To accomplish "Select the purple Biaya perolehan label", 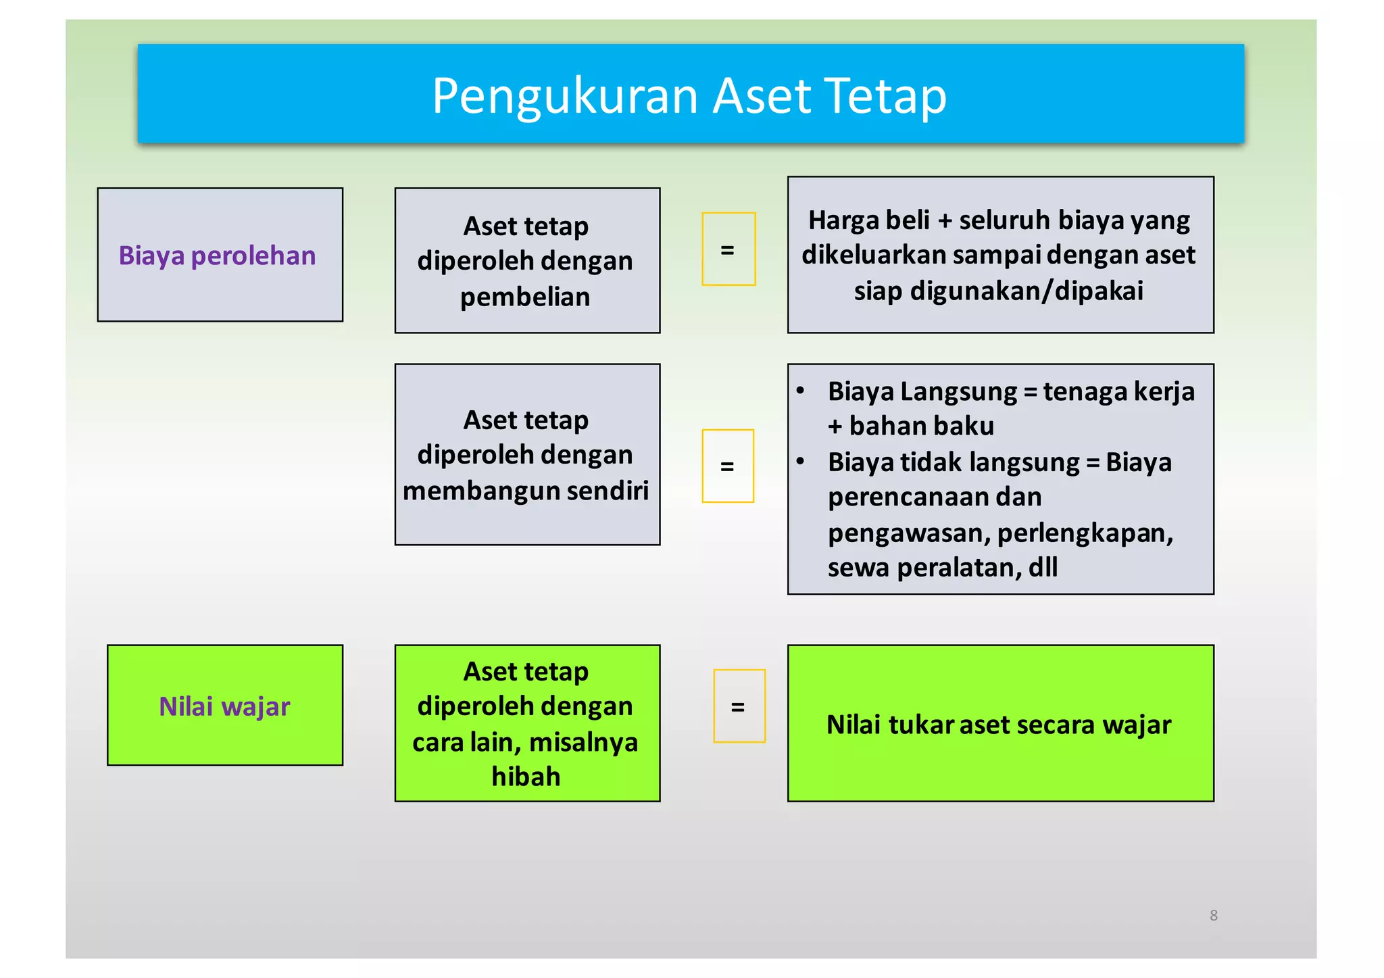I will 217,256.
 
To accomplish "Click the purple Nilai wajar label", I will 224,706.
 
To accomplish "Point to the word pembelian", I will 525,297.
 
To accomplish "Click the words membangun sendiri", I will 525,491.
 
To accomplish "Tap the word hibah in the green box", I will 526,777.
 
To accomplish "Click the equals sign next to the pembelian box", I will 727,250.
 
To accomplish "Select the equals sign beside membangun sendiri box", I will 727,466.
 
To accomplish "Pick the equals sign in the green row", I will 738,707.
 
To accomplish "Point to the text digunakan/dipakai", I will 1027,291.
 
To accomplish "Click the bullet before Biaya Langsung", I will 800,391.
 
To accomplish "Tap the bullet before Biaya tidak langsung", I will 800,462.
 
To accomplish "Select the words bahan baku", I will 921,426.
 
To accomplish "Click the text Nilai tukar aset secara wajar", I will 999,725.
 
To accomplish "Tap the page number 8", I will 1213,915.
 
